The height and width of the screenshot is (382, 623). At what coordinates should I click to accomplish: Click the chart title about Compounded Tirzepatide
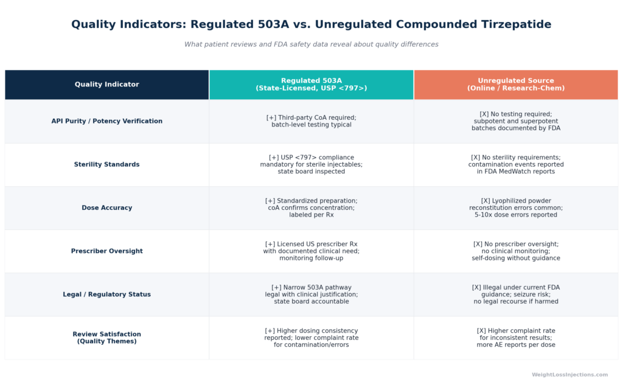click(311, 24)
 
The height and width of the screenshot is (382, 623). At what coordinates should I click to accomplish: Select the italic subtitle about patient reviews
click(311, 44)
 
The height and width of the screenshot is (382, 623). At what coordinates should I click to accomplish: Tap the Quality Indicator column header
click(107, 84)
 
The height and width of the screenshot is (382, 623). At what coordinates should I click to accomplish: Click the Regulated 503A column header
click(311, 84)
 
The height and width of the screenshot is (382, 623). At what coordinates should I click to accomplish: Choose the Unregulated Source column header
click(516, 84)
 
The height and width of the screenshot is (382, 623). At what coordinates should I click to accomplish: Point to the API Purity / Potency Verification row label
click(107, 121)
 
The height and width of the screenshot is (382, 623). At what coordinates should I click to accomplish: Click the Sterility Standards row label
click(107, 164)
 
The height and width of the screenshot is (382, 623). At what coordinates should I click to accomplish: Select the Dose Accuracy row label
click(107, 207)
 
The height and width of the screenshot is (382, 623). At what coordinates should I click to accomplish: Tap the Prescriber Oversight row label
click(107, 251)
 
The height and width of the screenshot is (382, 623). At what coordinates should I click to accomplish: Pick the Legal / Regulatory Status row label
click(107, 294)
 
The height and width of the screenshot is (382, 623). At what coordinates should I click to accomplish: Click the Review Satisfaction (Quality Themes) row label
click(107, 338)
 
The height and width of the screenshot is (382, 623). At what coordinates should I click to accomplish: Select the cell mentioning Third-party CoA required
click(311, 121)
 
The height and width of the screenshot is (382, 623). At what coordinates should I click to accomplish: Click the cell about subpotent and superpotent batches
click(516, 121)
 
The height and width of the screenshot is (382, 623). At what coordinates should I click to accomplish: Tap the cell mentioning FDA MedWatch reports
click(516, 164)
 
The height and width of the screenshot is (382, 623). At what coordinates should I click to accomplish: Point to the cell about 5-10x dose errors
click(516, 207)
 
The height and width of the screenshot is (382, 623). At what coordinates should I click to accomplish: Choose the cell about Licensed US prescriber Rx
click(311, 251)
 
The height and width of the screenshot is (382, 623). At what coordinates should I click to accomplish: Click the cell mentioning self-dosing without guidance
click(516, 251)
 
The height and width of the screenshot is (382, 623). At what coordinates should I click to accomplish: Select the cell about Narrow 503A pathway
click(311, 294)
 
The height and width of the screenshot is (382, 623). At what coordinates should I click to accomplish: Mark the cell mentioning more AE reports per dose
click(516, 338)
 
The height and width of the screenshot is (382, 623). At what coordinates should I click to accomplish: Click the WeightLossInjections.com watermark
click(569, 375)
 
